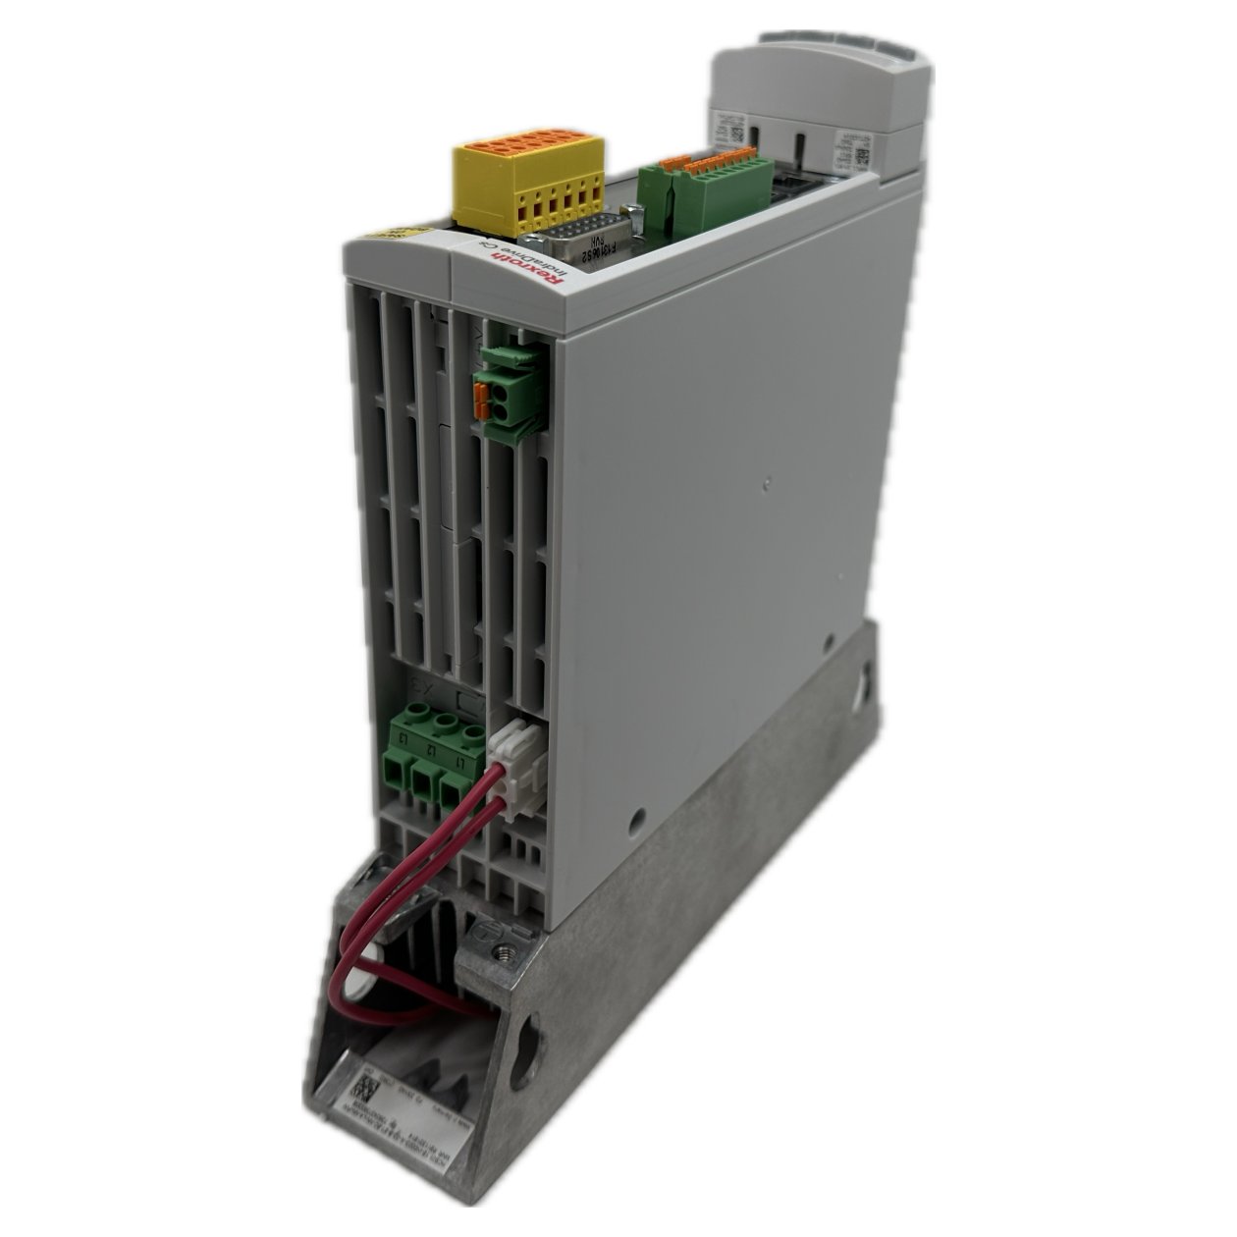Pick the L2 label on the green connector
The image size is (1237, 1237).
click(432, 751)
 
